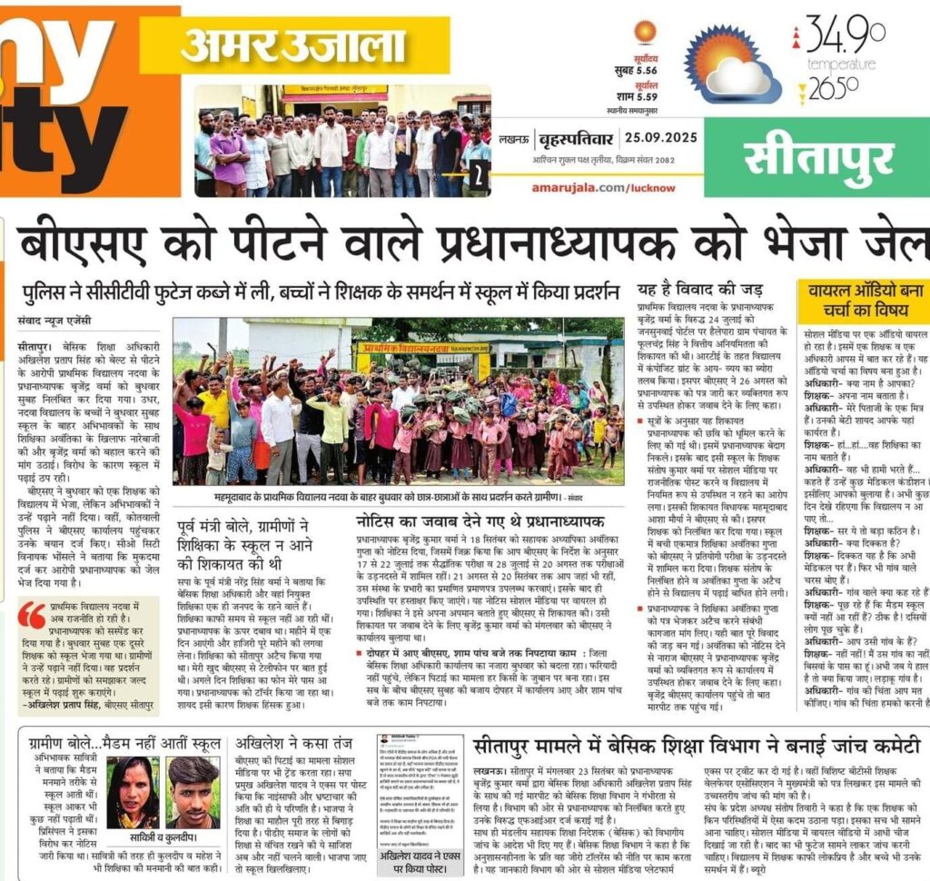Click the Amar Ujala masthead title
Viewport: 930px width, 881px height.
(293, 45)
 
